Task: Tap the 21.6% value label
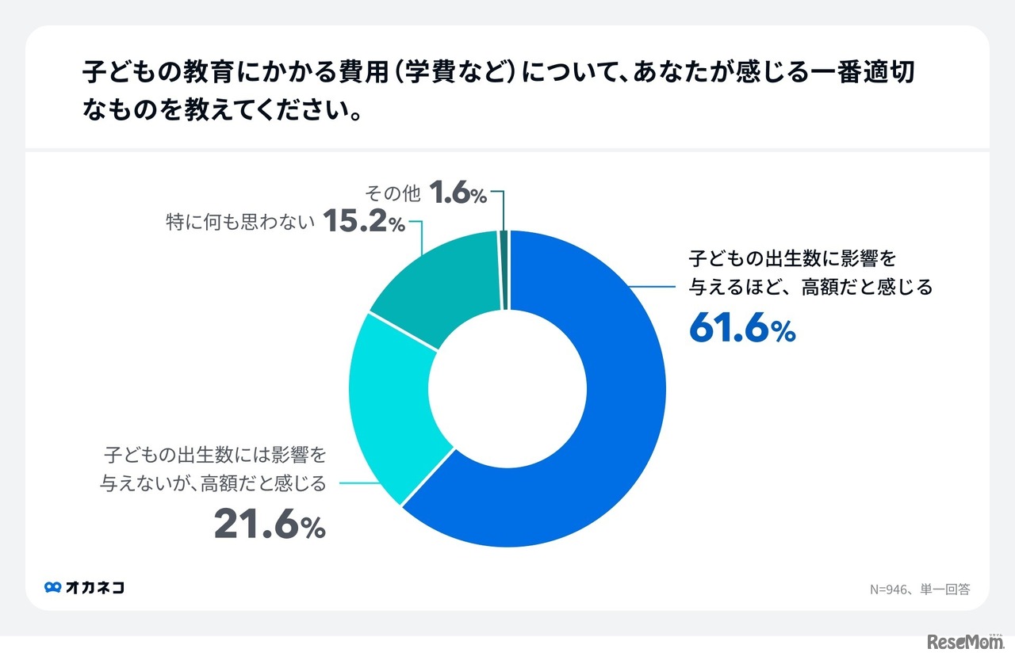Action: tap(270, 525)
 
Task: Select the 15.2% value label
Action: tap(364, 222)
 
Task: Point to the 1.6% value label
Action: tap(458, 193)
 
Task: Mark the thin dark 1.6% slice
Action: tap(504, 269)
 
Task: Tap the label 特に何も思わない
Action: tap(240, 223)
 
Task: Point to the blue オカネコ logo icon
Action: tap(53, 588)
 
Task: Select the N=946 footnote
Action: tap(919, 589)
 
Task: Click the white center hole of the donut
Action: tap(507, 388)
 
